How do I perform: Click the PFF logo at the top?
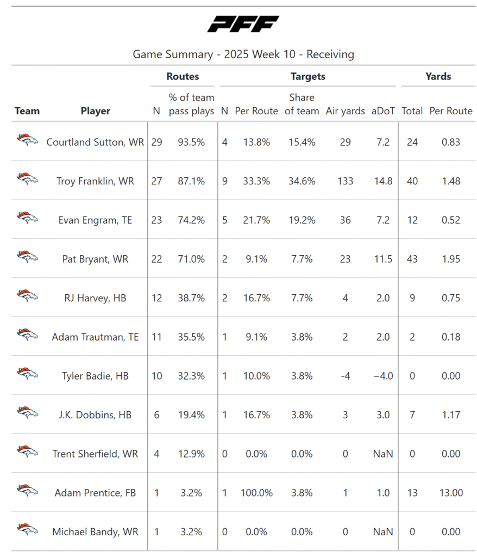pos(243,24)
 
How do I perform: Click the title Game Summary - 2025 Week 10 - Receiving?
pos(243,54)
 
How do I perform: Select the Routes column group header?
pos(183,77)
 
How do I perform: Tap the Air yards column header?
pos(345,111)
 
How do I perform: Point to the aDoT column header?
pos(383,111)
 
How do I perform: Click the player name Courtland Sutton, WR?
pos(95,142)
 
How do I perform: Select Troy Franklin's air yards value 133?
pos(345,181)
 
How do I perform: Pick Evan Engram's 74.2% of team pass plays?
pos(191,220)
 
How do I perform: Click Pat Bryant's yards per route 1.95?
pos(451,259)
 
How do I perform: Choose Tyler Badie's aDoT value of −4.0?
pos(383,376)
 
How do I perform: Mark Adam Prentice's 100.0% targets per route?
pos(256,493)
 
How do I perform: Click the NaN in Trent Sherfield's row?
pos(383,454)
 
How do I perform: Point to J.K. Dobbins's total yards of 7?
pos(412,415)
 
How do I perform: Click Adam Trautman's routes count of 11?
pos(156,337)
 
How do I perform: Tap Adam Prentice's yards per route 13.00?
pos(451,493)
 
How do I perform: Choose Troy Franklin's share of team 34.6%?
pos(302,181)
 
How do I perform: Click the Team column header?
pos(27,111)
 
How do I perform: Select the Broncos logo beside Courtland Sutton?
pos(27,141)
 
